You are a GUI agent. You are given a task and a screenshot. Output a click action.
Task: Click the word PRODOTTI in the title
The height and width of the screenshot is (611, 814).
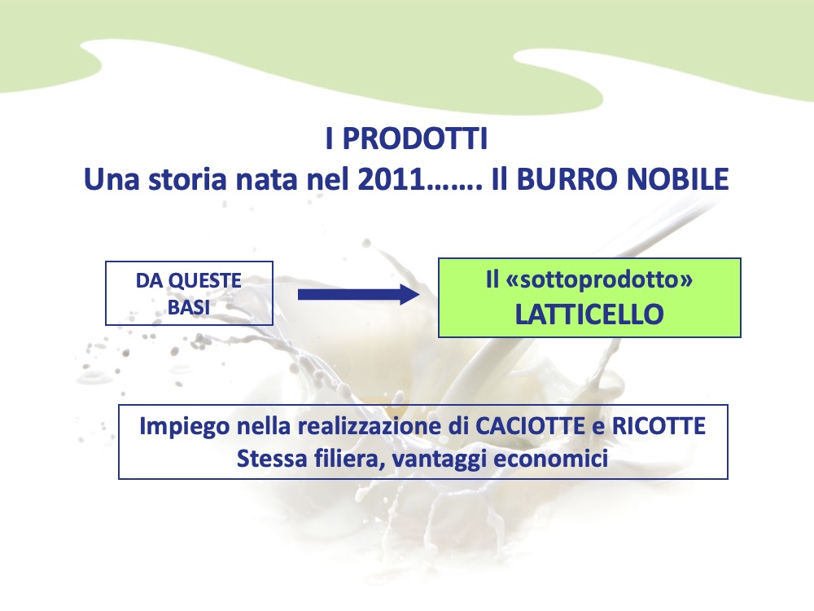415,138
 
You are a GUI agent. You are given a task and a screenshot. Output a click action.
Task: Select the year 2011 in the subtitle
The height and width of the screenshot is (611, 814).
392,179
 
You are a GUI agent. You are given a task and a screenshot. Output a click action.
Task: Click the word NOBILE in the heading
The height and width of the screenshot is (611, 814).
678,179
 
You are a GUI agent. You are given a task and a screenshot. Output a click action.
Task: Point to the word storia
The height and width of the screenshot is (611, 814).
188,179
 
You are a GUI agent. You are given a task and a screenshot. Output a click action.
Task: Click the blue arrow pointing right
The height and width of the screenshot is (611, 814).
358,295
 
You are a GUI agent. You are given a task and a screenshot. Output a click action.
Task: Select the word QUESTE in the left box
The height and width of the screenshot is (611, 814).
205,281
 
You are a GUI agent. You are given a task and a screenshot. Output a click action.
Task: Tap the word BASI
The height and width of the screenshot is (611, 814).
189,308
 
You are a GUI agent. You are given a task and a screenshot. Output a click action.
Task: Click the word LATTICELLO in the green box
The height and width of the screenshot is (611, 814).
589,314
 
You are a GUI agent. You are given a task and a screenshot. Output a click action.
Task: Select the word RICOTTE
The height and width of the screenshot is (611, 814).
659,427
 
